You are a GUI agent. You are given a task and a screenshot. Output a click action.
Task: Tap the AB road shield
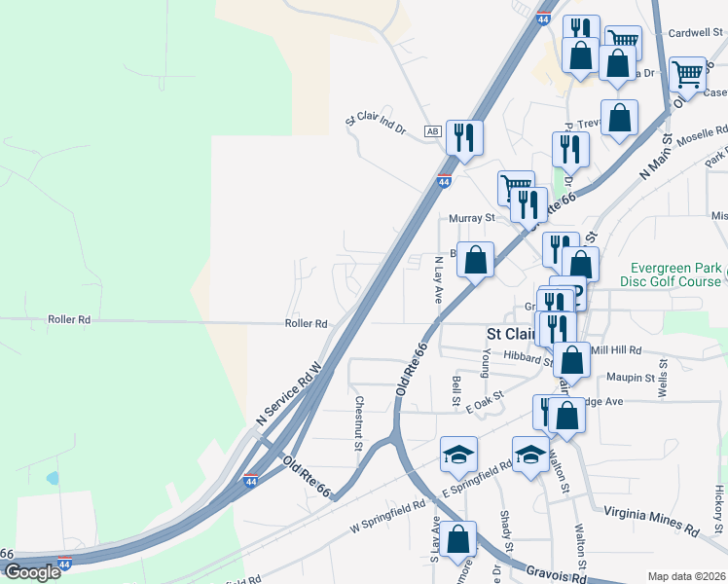[433, 131]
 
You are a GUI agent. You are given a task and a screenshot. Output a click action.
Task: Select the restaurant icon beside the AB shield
[465, 137]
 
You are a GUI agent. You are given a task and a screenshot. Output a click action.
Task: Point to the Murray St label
[472, 218]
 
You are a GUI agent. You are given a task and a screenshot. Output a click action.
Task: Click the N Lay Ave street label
[439, 279]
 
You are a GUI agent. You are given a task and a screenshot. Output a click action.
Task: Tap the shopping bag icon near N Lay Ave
[475, 261]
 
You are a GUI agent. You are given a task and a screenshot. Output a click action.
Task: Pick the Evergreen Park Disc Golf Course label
[674, 274]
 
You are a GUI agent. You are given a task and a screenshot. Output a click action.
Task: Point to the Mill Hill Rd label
[616, 349]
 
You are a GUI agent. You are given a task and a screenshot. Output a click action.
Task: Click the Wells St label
[664, 378]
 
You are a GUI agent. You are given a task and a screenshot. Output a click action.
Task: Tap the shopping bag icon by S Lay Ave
[457, 538]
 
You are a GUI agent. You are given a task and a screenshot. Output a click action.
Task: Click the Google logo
[31, 572]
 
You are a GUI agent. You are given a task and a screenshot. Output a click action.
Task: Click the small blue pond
[52, 478]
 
